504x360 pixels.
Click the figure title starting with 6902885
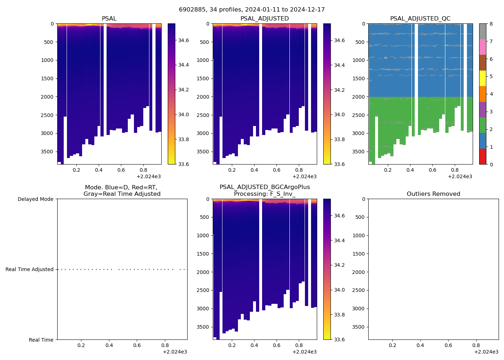[252, 10]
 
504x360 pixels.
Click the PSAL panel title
[109, 19]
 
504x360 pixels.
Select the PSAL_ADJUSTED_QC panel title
[420, 19]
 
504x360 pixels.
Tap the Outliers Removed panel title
[433, 194]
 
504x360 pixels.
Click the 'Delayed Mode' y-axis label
[35, 199]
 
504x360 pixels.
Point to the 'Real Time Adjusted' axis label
[30, 270]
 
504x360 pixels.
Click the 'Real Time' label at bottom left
[41, 340]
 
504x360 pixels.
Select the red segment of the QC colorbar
[483, 157]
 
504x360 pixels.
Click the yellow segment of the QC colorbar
[483, 78]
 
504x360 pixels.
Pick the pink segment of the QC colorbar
[483, 47]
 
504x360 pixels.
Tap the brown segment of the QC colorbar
[483, 63]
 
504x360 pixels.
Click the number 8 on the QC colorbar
[491, 24]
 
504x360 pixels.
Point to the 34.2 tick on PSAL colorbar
[184, 90]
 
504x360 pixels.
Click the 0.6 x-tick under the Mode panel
[137, 345]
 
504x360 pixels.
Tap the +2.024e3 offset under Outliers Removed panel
[486, 352]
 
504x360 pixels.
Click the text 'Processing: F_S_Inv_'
[265, 194]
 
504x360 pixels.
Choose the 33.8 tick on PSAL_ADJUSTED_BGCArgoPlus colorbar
[339, 315]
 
